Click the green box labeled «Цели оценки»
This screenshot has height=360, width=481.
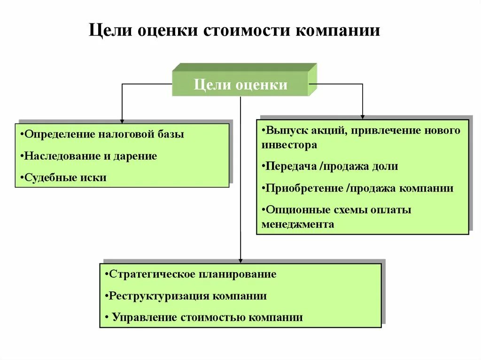[x=240, y=85]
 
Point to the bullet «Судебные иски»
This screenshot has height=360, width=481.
[x=63, y=178]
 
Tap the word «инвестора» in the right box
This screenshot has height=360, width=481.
[x=289, y=145]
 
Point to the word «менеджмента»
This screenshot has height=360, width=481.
[x=298, y=224]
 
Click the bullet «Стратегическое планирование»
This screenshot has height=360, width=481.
[x=191, y=274]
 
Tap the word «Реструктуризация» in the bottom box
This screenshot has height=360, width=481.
[x=158, y=296]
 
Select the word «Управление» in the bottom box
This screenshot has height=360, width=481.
[x=144, y=318]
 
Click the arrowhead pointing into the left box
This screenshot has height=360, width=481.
[x=122, y=120]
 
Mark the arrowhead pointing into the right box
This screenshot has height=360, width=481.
[x=363, y=115]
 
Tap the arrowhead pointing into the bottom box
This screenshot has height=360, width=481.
[x=240, y=260]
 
